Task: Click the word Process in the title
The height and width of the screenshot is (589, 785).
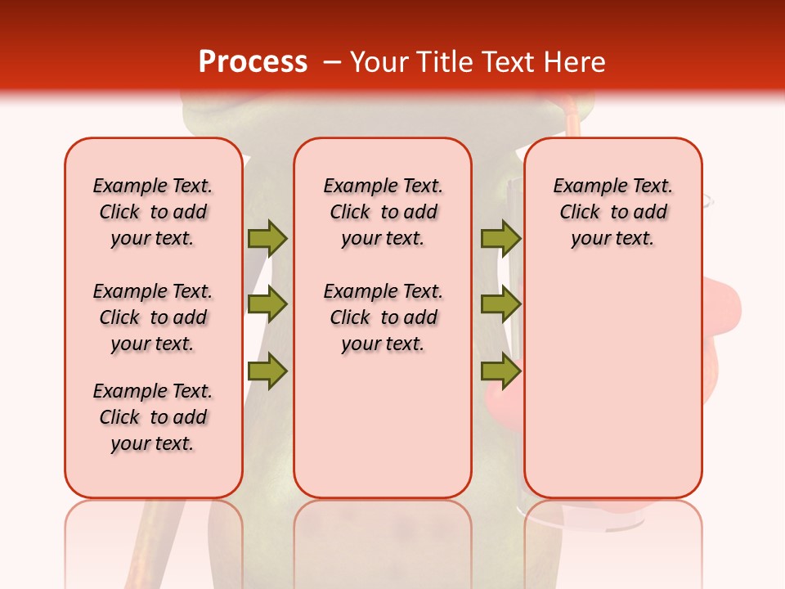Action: click(x=253, y=61)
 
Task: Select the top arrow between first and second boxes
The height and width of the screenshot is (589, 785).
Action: click(x=267, y=238)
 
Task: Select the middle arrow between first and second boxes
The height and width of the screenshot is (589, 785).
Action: click(x=267, y=304)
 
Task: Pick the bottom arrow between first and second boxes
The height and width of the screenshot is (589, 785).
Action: click(x=267, y=371)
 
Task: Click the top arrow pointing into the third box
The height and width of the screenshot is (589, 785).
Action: click(x=500, y=238)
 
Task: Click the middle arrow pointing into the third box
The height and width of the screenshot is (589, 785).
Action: click(x=500, y=304)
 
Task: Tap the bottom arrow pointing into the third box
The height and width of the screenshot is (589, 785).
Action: click(x=500, y=371)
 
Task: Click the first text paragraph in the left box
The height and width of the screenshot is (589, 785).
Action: click(x=153, y=212)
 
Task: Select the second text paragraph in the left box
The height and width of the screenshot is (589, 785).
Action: click(x=153, y=317)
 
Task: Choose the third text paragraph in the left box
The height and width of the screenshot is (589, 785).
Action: click(x=153, y=417)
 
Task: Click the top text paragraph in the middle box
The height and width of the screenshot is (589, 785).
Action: click(x=383, y=212)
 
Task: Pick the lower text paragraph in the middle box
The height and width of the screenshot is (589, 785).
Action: click(x=383, y=317)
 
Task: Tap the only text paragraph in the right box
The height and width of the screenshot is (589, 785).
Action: click(x=612, y=212)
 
